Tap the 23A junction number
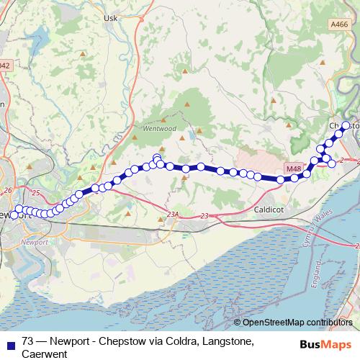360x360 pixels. (x=171, y=215)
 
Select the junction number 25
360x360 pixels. (x=36, y=192)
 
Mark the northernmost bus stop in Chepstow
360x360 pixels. (x=345, y=125)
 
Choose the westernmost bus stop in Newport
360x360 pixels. (x=14, y=215)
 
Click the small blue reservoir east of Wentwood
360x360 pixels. (x=192, y=135)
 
